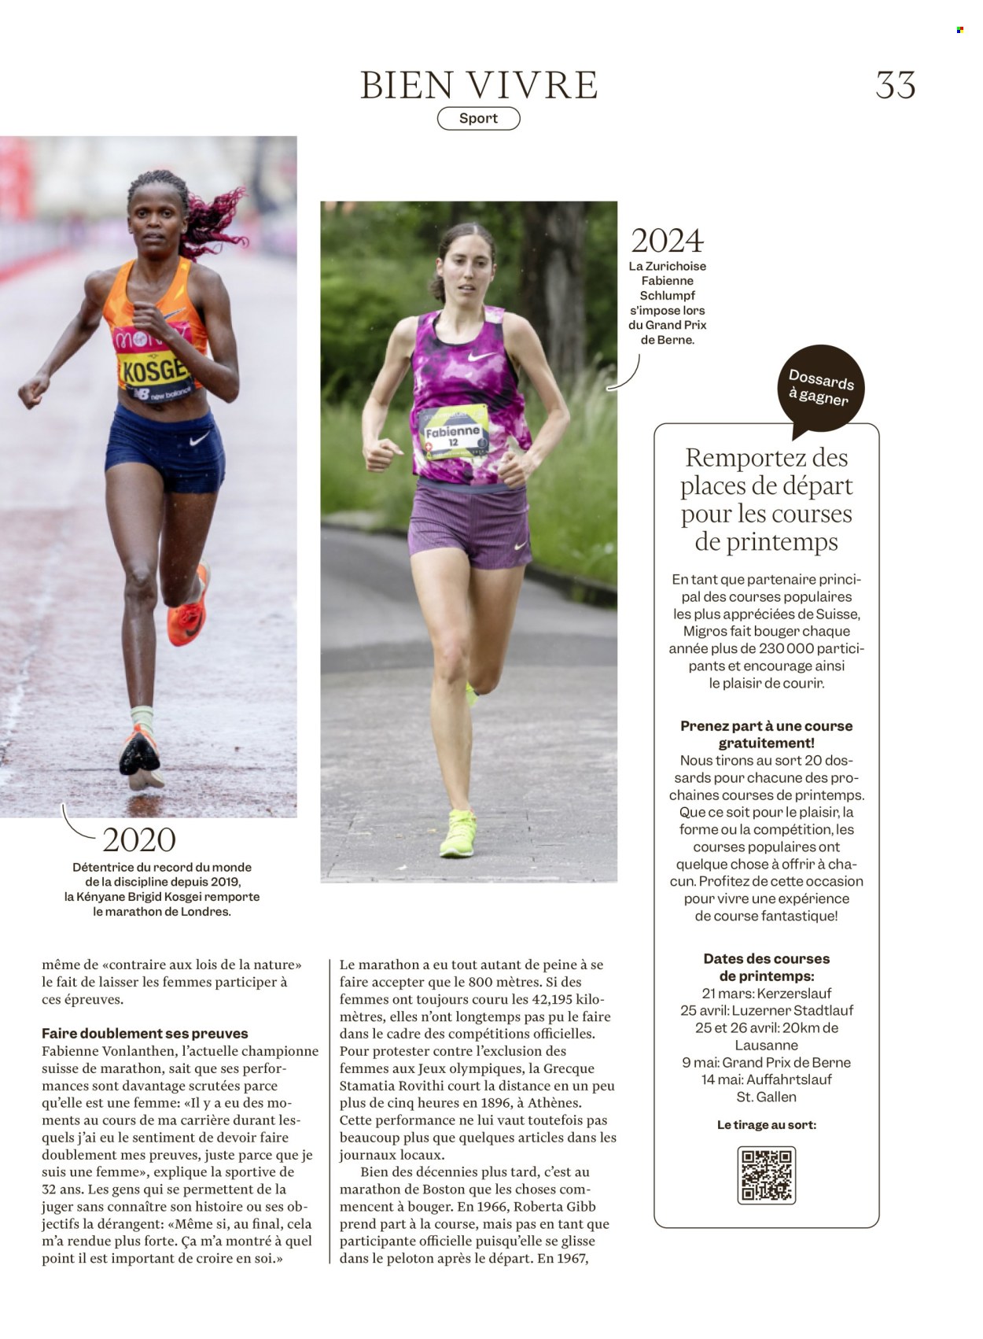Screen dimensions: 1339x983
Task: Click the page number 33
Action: click(896, 85)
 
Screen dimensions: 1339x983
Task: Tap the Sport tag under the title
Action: click(478, 119)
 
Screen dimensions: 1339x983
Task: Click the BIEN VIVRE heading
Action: click(479, 85)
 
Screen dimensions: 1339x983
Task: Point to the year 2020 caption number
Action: click(139, 840)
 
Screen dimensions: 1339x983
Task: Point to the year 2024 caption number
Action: click(667, 241)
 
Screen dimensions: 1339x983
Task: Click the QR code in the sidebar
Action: click(766, 1175)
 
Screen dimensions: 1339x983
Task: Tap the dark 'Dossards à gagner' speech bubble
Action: click(822, 389)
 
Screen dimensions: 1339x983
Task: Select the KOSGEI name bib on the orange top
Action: click(154, 369)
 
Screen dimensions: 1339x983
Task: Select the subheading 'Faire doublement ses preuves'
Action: click(145, 1034)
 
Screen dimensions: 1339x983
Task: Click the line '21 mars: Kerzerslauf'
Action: click(766, 994)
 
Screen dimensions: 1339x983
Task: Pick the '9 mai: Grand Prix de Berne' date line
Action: click(766, 1063)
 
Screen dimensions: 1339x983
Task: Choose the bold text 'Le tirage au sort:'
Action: click(766, 1125)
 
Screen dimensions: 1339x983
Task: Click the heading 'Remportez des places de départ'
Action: click(766, 499)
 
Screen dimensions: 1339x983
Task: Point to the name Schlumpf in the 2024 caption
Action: click(667, 296)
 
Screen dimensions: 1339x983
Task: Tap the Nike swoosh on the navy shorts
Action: click(200, 438)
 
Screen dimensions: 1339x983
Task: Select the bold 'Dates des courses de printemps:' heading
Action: click(766, 968)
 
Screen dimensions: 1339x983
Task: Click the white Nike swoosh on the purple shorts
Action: click(521, 546)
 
